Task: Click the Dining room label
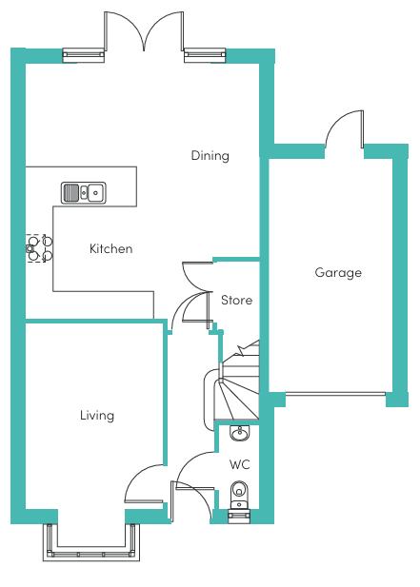click(210, 155)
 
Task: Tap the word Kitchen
click(110, 248)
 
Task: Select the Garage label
click(338, 272)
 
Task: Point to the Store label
click(236, 300)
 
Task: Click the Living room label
click(97, 416)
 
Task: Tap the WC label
click(239, 464)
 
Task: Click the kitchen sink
click(83, 192)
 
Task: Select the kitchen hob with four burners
click(39, 248)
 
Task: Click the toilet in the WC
click(239, 495)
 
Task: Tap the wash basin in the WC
click(239, 433)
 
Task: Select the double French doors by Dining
click(144, 31)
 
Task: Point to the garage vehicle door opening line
click(335, 394)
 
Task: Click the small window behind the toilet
click(239, 518)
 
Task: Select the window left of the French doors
click(83, 55)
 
